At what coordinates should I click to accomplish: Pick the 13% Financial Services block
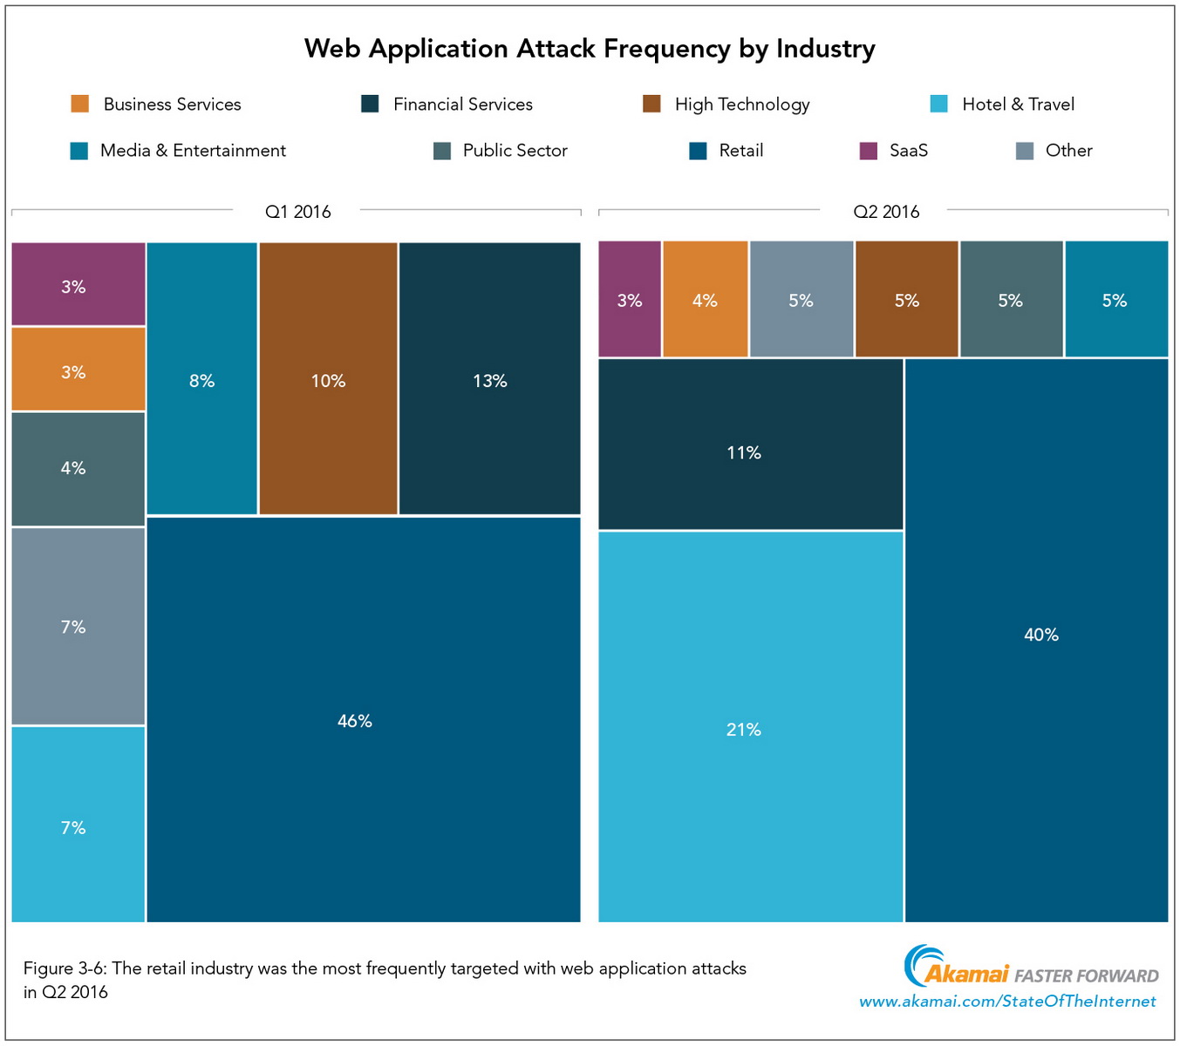tap(489, 379)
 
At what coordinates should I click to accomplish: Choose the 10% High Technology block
tap(328, 379)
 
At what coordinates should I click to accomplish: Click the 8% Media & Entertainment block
tap(202, 379)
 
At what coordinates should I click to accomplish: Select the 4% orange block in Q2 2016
tap(705, 300)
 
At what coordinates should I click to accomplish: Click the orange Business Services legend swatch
tap(80, 105)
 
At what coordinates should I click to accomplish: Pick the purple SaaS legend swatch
tap(868, 151)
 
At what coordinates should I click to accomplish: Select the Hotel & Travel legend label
tap(1018, 105)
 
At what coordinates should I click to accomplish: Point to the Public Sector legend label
tap(515, 151)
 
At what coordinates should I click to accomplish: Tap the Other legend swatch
tap(1025, 151)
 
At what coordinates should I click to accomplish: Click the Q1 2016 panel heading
tap(297, 212)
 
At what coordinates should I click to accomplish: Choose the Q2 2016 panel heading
tap(886, 212)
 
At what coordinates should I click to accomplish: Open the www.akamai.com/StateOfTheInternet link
tap(1007, 1002)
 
